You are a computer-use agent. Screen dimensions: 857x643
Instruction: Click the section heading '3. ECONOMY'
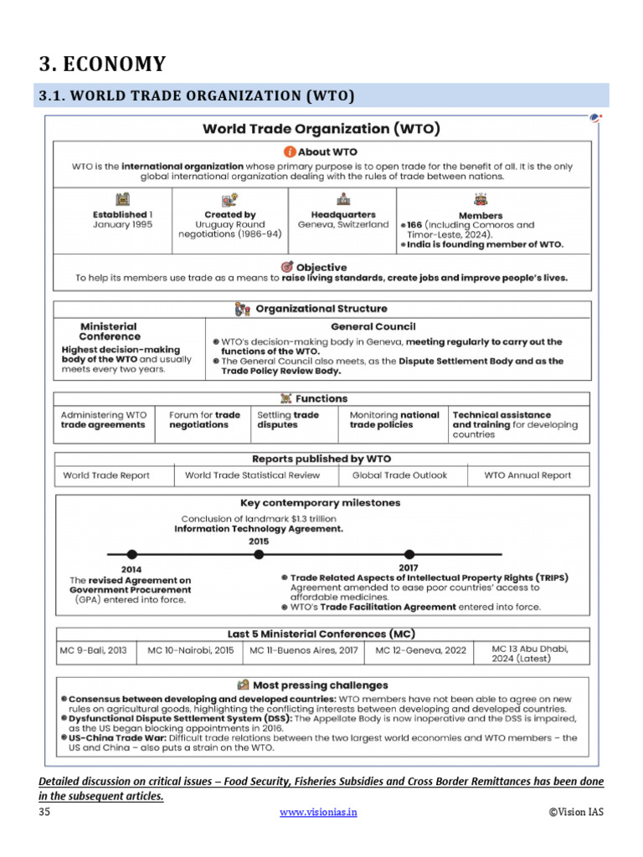(x=102, y=64)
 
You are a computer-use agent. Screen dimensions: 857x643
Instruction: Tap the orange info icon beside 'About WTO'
(x=290, y=152)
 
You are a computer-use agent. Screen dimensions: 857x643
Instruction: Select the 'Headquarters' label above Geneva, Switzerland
(x=343, y=215)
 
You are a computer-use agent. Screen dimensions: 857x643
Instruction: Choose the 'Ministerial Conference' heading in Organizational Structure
(x=108, y=331)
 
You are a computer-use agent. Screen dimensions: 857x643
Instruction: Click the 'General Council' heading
(x=373, y=326)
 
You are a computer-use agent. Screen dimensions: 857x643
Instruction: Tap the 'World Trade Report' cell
(x=107, y=475)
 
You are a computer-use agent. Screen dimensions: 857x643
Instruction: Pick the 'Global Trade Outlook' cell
(x=399, y=475)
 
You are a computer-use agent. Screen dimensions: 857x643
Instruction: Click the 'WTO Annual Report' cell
(x=527, y=475)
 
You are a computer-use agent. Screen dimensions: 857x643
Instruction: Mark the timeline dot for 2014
(x=131, y=554)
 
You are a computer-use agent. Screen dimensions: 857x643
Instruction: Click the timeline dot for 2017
(x=409, y=554)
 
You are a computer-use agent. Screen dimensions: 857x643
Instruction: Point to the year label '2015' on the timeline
(x=259, y=541)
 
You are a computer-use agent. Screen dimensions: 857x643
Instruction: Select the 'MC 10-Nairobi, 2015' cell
(x=190, y=649)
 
